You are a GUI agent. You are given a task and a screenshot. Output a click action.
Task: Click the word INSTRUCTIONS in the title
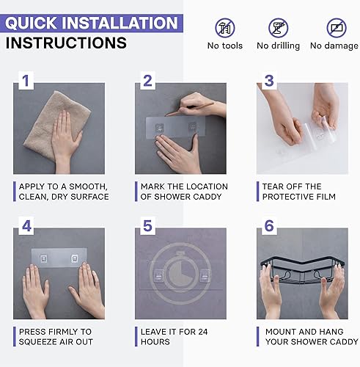65,43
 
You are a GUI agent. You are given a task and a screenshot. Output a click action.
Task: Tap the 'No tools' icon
224,29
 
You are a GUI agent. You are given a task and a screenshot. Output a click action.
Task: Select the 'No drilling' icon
278,29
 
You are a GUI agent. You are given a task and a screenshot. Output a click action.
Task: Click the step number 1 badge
25,80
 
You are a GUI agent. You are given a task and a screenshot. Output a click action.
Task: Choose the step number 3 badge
269,80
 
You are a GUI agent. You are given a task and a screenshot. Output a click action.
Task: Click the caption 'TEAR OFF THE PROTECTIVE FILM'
298,192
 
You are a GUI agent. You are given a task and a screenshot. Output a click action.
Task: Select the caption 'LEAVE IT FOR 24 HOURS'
173,337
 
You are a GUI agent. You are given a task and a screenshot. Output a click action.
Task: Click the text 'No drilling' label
278,46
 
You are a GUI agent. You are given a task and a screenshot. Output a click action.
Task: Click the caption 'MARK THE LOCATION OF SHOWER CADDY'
183,192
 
